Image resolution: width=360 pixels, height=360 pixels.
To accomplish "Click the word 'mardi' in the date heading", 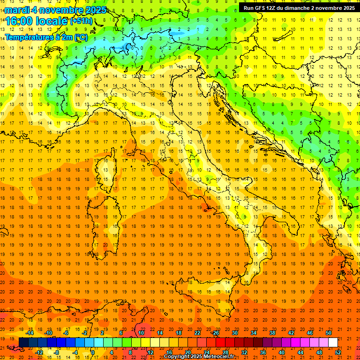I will click(x=17, y=10).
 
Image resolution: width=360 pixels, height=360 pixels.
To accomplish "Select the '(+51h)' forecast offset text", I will click(x=81, y=21).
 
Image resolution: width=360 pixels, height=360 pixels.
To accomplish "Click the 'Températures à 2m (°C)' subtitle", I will click(x=46, y=37).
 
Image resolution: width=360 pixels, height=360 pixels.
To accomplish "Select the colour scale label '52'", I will click(x=338, y=352).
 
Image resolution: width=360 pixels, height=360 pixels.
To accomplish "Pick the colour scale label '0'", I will click(x=92, y=352).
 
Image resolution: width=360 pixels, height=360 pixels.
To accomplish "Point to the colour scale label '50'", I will click(x=329, y=333).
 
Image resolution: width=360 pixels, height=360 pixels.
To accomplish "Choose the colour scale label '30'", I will click(x=235, y=333).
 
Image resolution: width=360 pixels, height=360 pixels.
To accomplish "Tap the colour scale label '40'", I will click(x=282, y=352).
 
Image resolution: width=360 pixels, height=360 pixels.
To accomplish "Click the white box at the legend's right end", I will click(x=333, y=342).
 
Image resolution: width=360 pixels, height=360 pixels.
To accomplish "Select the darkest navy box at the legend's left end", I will click(x=23, y=342).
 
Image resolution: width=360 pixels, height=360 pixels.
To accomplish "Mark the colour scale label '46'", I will click(x=310, y=333).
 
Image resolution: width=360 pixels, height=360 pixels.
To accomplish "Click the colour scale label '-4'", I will click(x=75, y=352).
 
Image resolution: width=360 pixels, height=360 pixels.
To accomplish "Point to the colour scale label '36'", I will click(x=263, y=352).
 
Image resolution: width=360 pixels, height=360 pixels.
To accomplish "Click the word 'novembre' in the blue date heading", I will click(x=60, y=10).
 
